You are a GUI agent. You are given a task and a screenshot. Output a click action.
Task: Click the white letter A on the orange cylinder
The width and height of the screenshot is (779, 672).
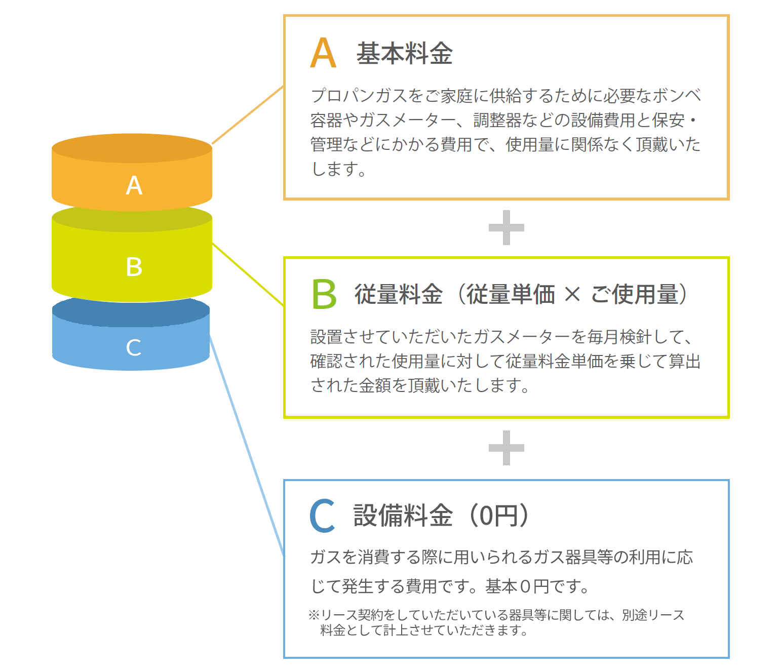134,185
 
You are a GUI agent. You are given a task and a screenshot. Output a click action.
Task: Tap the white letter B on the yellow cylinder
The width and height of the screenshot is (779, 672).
134,267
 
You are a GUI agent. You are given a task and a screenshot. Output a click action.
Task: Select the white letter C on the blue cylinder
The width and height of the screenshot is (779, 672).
134,347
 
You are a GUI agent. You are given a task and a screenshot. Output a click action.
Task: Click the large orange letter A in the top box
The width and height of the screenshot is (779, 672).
323,53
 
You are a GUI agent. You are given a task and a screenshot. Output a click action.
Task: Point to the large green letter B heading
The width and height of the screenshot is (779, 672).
324,294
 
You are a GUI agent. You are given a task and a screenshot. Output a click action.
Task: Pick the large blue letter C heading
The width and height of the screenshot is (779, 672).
322,515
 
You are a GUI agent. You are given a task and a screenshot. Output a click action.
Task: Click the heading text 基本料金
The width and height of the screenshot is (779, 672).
404,53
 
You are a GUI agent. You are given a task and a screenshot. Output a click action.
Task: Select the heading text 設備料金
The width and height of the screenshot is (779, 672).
403,515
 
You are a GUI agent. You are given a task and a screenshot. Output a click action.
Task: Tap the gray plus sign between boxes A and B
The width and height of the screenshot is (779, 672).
506,228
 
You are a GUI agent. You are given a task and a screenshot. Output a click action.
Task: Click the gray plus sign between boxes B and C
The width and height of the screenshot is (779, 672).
506,448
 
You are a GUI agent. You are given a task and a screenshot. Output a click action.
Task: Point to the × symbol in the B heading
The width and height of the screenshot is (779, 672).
572,294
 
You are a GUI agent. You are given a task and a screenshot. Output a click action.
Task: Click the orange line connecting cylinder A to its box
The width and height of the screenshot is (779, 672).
248,115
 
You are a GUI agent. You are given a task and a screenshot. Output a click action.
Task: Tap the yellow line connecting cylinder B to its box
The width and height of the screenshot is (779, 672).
248,274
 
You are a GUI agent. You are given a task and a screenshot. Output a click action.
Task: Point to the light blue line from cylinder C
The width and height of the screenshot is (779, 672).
247,446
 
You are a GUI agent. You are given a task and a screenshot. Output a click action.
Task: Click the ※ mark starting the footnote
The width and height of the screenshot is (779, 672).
314,615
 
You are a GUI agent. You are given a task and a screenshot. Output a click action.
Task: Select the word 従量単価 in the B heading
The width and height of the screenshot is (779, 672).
511,294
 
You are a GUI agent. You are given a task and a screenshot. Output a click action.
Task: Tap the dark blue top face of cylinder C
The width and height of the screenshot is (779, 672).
131,311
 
